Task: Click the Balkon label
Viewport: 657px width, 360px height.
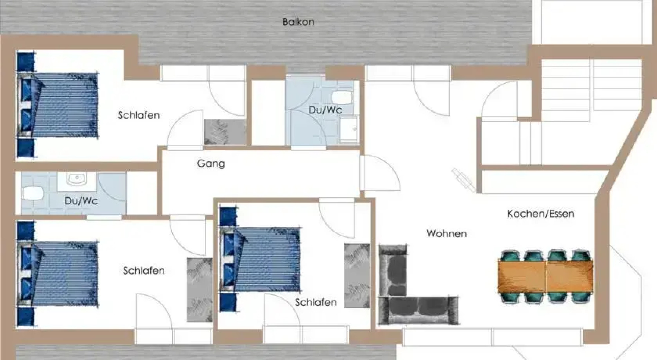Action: tap(298, 22)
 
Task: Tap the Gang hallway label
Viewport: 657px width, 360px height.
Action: tap(211, 164)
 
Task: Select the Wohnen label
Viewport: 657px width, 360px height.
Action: tap(446, 233)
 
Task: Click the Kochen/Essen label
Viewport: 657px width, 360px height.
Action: tap(540, 214)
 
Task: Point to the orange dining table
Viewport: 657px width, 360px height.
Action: tap(545, 276)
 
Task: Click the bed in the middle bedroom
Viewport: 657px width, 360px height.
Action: tap(263, 259)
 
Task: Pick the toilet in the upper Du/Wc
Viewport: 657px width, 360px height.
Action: tap(342, 97)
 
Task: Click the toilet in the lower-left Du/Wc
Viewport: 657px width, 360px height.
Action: tap(33, 193)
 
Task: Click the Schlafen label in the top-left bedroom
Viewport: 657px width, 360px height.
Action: tap(139, 115)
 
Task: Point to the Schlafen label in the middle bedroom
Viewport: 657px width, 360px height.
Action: tap(316, 302)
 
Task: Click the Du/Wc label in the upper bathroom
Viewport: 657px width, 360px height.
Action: tap(325, 110)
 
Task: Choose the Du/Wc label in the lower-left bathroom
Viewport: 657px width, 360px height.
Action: tap(81, 201)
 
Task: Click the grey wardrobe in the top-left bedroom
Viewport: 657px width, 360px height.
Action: tap(225, 132)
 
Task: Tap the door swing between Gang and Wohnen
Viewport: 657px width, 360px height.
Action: tap(380, 173)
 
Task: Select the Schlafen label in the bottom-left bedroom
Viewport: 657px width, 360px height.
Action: tap(144, 270)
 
